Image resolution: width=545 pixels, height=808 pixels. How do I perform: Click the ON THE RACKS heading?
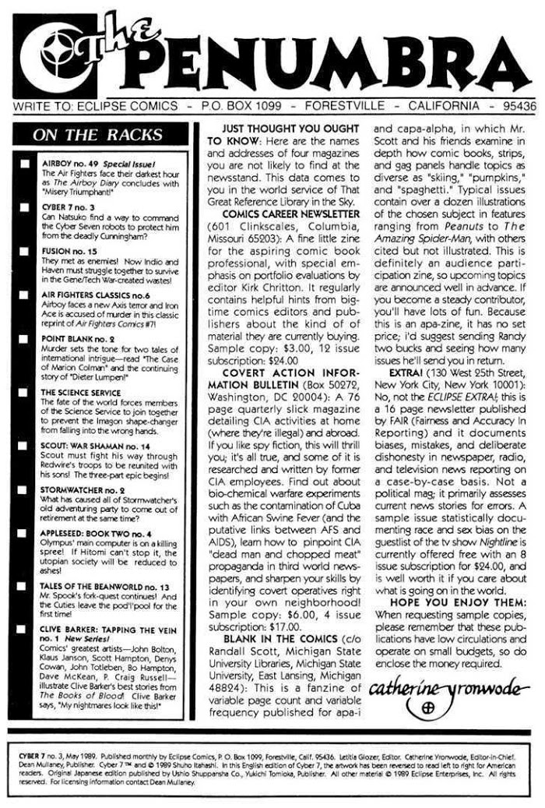click(97, 134)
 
